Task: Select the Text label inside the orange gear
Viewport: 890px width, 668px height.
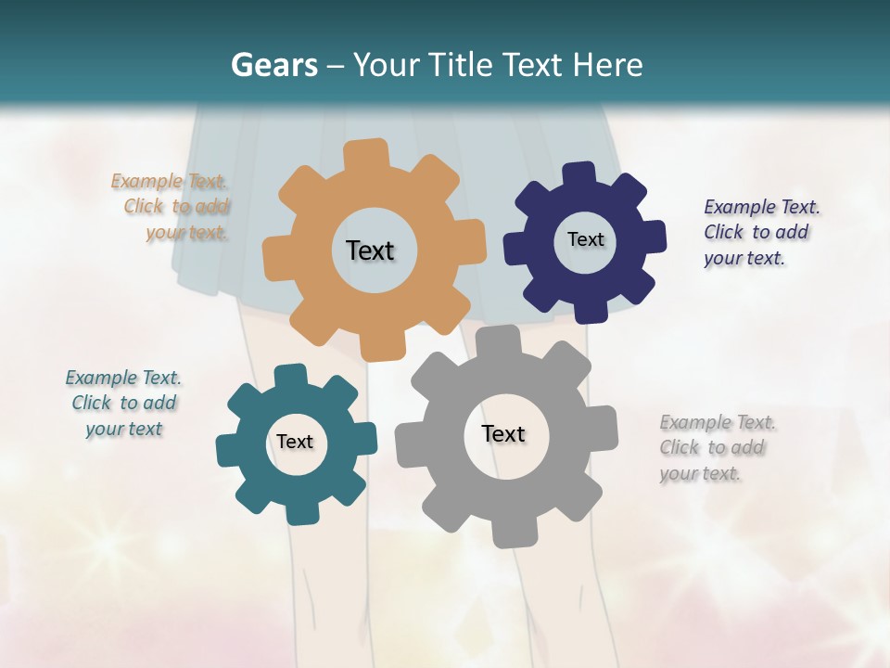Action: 370,250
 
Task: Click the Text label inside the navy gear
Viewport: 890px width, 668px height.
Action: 585,239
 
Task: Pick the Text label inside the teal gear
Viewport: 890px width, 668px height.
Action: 295,442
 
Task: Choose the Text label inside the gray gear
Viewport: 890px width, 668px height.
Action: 503,433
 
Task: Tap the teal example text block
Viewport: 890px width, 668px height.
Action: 123,403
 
